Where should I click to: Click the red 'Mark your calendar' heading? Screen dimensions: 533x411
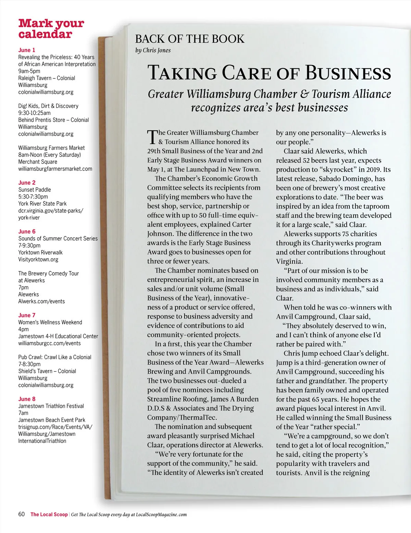[51, 29]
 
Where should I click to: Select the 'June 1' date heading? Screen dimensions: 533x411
[27, 50]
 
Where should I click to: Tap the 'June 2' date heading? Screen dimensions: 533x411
[27, 183]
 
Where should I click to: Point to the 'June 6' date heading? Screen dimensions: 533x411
[27, 232]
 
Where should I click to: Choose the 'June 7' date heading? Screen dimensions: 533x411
[27, 315]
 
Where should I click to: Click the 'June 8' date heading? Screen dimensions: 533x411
[27, 399]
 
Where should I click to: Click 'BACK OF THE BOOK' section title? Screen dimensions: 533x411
[190, 39]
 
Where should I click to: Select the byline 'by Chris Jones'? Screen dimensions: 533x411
[153, 50]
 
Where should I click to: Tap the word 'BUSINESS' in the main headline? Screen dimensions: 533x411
[348, 73]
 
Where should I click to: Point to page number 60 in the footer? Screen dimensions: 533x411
[22, 514]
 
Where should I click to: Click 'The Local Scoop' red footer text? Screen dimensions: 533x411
[49, 515]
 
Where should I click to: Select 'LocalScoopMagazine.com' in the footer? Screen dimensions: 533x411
[161, 515]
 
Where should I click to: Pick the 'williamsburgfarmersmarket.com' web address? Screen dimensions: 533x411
[55, 169]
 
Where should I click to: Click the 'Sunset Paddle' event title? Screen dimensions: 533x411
[35, 190]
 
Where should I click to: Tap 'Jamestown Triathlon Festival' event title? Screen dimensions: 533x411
[51, 406]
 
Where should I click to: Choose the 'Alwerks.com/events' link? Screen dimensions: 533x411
[41, 301]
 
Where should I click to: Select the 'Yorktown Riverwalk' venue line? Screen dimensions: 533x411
[40, 252]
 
